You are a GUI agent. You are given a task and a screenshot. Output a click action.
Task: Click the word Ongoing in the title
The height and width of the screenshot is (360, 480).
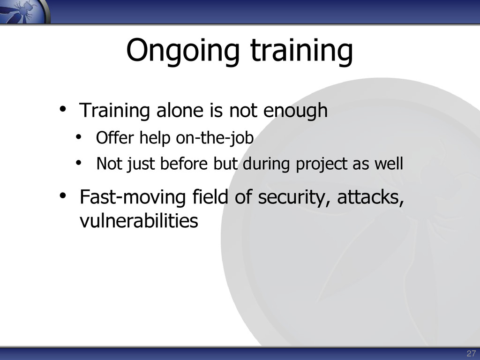[183, 51]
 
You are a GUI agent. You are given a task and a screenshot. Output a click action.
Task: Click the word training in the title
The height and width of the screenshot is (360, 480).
[302, 51]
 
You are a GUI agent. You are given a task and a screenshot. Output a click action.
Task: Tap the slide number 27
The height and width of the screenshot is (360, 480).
[471, 353]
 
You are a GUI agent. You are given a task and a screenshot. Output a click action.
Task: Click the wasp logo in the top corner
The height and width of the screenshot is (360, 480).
[24, 11]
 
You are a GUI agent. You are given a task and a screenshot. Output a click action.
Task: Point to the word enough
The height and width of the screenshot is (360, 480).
[295, 111]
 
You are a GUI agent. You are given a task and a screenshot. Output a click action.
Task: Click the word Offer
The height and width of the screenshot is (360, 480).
[115, 137]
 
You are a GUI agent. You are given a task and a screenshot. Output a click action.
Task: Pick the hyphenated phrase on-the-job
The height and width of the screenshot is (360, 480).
[215, 138]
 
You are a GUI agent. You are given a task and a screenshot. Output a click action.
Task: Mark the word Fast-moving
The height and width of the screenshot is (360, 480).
[133, 197]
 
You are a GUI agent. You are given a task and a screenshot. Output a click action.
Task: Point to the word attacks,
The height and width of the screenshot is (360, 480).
[371, 197]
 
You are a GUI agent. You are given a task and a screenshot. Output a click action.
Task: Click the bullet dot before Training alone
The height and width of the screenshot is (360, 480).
[63, 109]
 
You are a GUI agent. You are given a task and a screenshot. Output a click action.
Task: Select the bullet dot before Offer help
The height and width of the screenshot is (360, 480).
[79, 137]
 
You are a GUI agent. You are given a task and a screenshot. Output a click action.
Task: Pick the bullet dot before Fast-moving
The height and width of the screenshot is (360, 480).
[63, 195]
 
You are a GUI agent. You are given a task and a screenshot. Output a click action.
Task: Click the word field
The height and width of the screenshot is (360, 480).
[210, 197]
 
